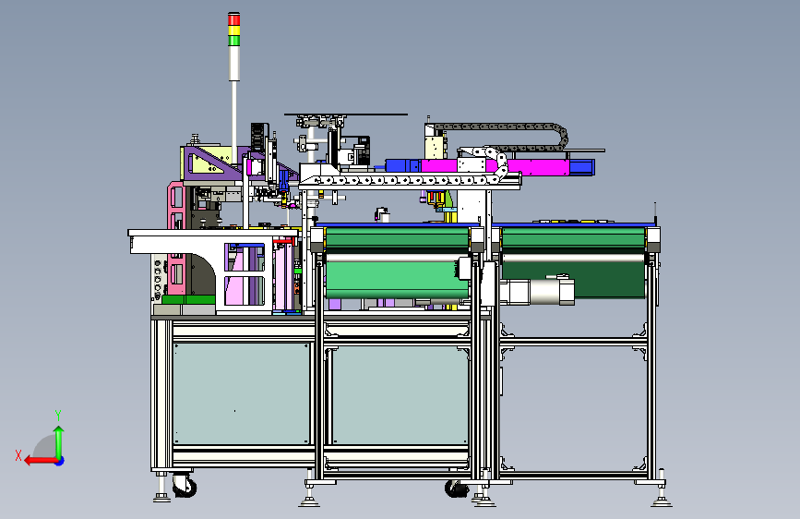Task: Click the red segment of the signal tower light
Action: pyautogui.click(x=233, y=20)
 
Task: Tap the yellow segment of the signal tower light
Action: pyautogui.click(x=233, y=30)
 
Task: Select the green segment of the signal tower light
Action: pyautogui.click(x=233, y=41)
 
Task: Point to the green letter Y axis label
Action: pyautogui.click(x=58, y=416)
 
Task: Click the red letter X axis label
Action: pyautogui.click(x=18, y=455)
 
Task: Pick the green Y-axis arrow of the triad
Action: pyautogui.click(x=59, y=442)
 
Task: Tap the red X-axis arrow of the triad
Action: pyautogui.click(x=41, y=461)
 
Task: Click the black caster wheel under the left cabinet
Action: pyautogui.click(x=185, y=485)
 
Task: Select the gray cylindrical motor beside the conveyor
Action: pyautogui.click(x=536, y=291)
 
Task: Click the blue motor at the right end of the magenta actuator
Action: pyautogui.click(x=582, y=167)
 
